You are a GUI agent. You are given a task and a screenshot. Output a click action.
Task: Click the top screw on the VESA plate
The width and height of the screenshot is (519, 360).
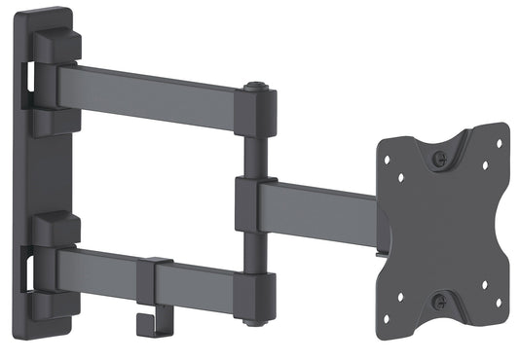coord(440,156)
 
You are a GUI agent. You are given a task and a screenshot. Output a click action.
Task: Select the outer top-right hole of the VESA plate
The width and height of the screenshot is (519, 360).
coord(498,142)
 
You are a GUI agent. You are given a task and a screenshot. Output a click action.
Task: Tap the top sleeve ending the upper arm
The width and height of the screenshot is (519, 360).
coord(255,112)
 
